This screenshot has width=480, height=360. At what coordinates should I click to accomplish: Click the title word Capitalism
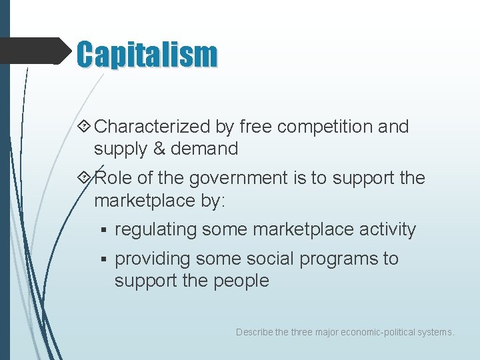[147, 54]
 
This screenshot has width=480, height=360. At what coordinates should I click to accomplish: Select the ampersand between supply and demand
[159, 149]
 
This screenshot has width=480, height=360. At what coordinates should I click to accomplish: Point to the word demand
[204, 149]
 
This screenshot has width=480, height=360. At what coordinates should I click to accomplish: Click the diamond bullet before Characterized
[85, 127]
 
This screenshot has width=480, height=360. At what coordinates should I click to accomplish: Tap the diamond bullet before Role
[85, 178]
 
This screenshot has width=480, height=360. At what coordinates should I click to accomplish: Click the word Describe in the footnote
[253, 331]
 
